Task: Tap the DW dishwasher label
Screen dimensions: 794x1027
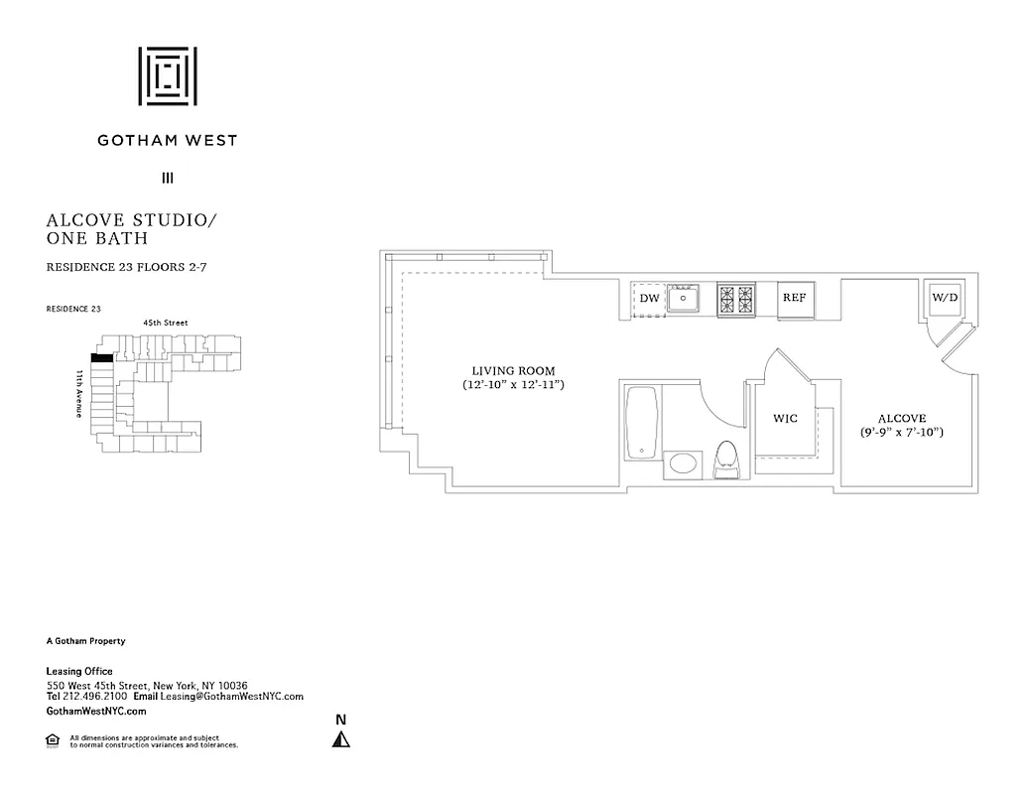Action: (x=649, y=298)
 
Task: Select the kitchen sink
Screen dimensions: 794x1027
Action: (x=683, y=298)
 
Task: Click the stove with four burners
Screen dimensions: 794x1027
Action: (x=735, y=298)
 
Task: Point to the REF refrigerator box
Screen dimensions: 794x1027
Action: (x=794, y=298)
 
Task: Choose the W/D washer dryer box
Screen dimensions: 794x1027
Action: (x=943, y=298)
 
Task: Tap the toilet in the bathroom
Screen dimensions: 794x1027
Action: (x=727, y=460)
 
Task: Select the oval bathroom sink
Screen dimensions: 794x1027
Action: (x=683, y=463)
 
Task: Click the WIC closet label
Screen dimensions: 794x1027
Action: (x=786, y=419)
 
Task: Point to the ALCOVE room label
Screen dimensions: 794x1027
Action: (x=901, y=419)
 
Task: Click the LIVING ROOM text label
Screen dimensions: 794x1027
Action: (x=513, y=370)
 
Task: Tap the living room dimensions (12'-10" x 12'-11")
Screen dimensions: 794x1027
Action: (x=513, y=384)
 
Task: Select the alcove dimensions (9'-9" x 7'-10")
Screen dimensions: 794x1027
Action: (x=901, y=433)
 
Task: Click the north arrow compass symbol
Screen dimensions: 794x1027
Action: (x=341, y=737)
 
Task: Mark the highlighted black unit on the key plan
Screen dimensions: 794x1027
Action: (x=100, y=358)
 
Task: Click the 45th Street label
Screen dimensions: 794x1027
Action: (x=165, y=323)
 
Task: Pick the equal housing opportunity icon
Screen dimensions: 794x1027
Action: (x=53, y=739)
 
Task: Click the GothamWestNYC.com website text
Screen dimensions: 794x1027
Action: (x=96, y=711)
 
